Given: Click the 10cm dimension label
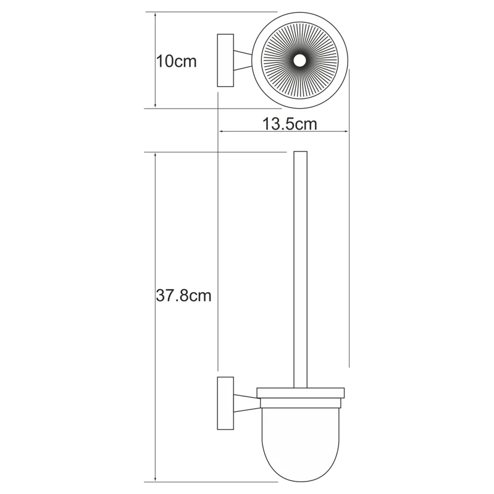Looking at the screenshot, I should [x=176, y=62].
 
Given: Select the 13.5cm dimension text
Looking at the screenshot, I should [x=289, y=124].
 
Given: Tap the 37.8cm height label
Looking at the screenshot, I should [x=183, y=296].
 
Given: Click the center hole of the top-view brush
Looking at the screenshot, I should [x=301, y=61].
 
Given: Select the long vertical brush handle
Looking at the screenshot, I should [x=301, y=266].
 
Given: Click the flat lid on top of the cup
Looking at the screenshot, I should [x=300, y=393].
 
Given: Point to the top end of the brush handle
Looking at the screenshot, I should [x=301, y=153].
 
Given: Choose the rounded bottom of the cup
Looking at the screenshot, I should [x=300, y=469].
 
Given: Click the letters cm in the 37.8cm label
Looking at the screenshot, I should [x=200, y=296].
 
